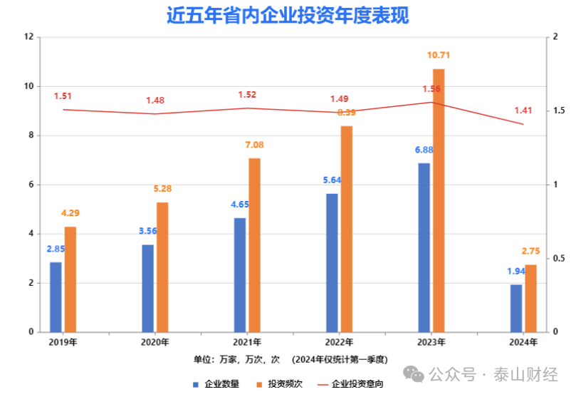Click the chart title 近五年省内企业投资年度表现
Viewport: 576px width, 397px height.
tap(288, 15)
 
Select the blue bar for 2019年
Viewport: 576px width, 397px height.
tap(56, 297)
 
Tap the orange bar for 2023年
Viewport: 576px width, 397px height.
tap(439, 200)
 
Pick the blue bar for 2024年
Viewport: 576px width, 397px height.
tap(516, 308)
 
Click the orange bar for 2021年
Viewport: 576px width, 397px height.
tap(254, 244)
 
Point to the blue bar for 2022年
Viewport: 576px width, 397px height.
tap(332, 262)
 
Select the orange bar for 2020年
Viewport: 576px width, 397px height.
tap(162, 267)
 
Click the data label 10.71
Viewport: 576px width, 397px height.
tap(439, 55)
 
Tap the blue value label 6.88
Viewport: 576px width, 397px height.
tap(424, 150)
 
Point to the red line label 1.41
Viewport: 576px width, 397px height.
tap(523, 110)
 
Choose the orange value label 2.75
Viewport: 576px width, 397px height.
tap(531, 251)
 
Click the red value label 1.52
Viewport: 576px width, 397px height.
tap(248, 94)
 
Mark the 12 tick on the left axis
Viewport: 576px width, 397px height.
tap(29, 37)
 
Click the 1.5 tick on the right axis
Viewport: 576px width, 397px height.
tap(560, 111)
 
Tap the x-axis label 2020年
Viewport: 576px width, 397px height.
tap(155, 342)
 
